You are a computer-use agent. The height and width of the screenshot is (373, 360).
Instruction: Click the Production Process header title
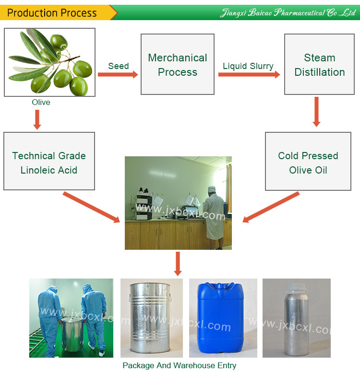coord(52,13)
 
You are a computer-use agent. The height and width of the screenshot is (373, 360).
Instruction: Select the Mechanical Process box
coord(178,64)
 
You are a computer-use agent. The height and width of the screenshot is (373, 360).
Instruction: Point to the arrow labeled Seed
coord(118,74)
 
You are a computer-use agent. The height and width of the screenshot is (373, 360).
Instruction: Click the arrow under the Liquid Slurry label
coord(249,75)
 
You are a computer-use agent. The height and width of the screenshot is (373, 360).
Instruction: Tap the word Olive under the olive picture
coord(41,102)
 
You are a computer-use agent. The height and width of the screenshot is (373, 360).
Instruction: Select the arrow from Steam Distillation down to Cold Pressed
coord(316,112)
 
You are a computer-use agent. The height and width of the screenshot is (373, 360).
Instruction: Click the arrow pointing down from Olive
coord(37,119)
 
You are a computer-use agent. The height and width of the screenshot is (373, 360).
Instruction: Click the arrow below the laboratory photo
coord(178,263)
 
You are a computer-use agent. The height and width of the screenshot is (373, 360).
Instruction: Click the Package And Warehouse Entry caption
coord(179,365)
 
